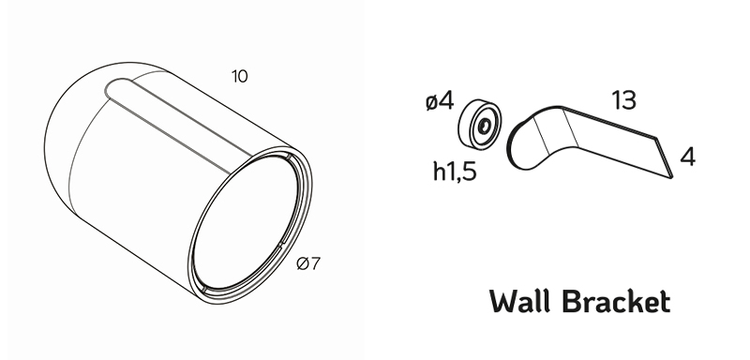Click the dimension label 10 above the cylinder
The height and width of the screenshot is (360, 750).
point(240,77)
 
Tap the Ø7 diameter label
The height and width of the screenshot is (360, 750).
point(308,263)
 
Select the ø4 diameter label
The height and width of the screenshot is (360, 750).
point(440,101)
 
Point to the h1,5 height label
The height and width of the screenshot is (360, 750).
point(455,172)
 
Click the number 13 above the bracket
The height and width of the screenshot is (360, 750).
point(624,100)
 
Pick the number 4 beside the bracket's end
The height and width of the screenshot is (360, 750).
point(687,157)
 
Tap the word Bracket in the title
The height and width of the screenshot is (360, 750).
point(617,302)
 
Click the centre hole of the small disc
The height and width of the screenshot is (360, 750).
point(484,127)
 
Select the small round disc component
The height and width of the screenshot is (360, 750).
point(480,125)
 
